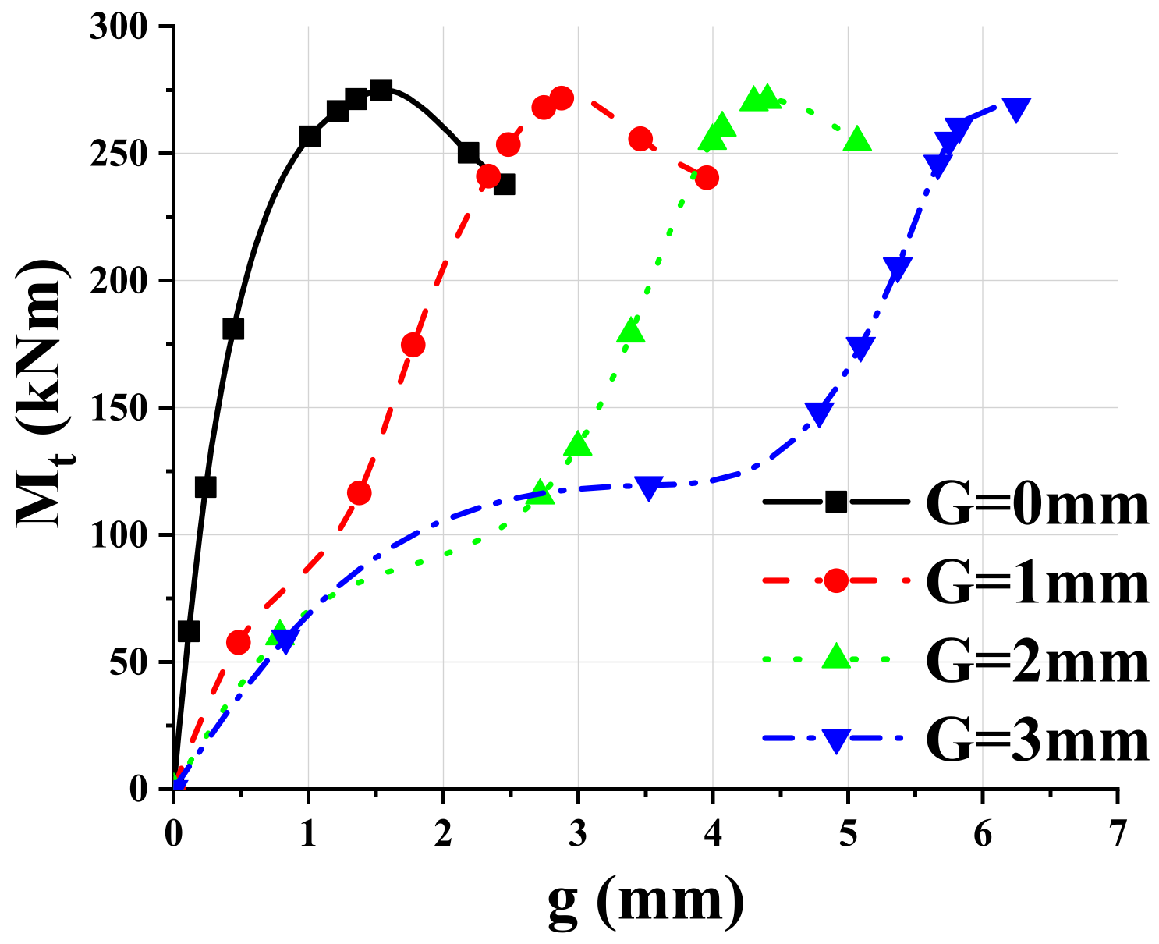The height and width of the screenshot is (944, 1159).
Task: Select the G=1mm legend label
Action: click(1037, 583)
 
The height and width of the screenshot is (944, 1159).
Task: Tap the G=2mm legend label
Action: click(1037, 661)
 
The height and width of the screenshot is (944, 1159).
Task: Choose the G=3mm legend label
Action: click(1037, 739)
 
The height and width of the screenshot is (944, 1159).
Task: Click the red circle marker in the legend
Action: click(835, 580)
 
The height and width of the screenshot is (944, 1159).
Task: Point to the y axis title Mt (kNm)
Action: click(43, 394)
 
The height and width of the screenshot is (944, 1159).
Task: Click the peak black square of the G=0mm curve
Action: click(381, 90)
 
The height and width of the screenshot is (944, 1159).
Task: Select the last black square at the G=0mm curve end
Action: click(504, 185)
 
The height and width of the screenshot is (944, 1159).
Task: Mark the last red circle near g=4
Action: click(707, 178)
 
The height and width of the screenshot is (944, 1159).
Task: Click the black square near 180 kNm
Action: click(233, 329)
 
